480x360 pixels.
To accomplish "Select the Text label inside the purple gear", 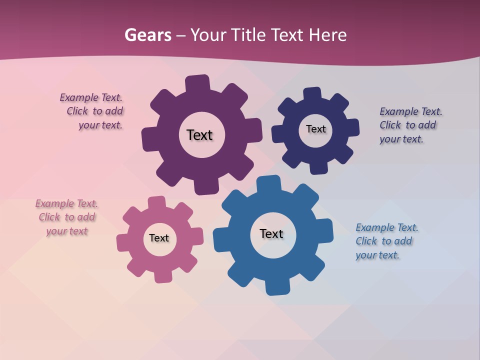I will tap(199, 135).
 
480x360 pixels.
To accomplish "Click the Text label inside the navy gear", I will tap(315, 129).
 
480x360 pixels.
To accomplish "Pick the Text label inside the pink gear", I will tap(159, 238).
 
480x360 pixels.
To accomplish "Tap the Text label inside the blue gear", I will tap(271, 233).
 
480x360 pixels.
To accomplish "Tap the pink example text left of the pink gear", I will tap(66, 217).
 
